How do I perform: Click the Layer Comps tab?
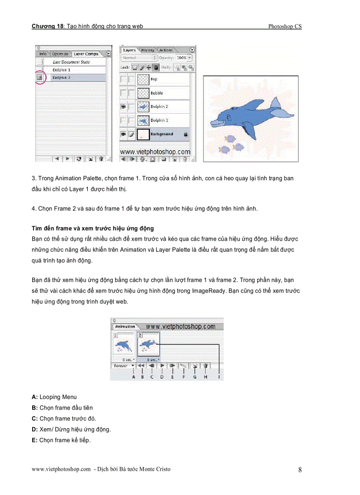pos(86,54)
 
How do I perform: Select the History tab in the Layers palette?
pos(148,50)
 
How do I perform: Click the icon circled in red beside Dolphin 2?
pos(39,77)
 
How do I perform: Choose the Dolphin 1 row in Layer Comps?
pos(62,70)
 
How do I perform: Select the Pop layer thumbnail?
pos(143,79)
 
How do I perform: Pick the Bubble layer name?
pos(157,93)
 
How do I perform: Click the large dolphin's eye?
pos(228,117)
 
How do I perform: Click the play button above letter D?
pos(162,365)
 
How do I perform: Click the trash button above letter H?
pos(206,365)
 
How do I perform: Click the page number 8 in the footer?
pos(300,469)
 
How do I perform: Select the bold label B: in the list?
pos(35,408)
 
